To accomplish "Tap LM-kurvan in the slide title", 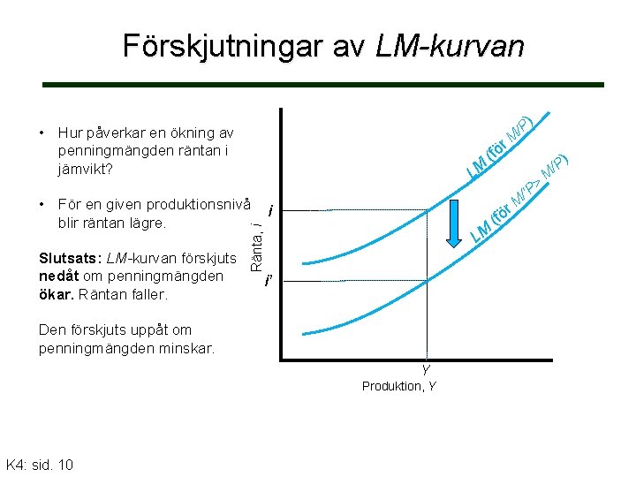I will point(450,46).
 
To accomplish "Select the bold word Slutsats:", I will point(71,258).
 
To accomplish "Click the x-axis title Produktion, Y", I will point(398,387).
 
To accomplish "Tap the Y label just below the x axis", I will point(426,371).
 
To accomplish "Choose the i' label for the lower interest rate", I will point(269,282).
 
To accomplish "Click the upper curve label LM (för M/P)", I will point(500,145).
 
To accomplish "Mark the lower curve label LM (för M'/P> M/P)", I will point(521,199).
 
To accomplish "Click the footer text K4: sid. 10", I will point(40,465).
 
